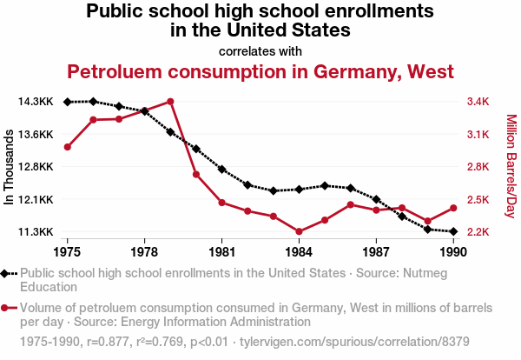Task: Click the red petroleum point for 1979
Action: [170, 101]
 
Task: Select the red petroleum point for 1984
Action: [299, 232]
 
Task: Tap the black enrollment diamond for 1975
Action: [67, 102]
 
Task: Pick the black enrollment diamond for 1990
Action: [453, 231]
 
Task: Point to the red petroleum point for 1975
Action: [67, 147]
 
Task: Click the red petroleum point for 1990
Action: [453, 208]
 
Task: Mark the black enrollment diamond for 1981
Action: [221, 169]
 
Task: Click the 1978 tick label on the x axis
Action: [144, 252]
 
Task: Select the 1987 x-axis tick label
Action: [376, 252]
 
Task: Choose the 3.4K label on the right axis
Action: [478, 102]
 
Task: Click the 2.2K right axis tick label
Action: [478, 232]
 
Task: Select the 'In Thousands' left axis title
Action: [10, 167]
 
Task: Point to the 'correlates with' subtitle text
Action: [260, 50]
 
